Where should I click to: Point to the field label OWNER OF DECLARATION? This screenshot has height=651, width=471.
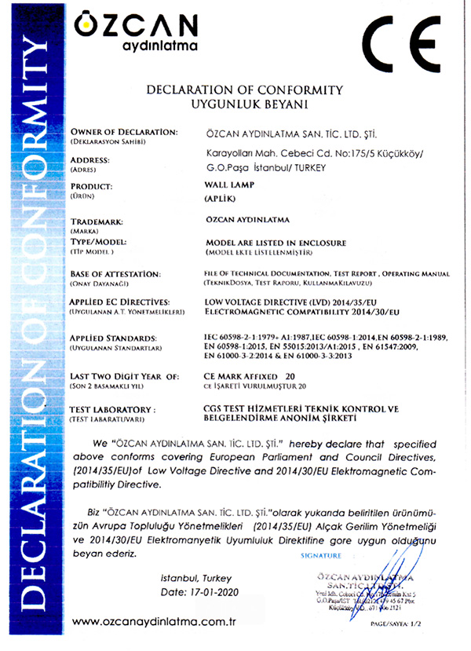tap(124, 130)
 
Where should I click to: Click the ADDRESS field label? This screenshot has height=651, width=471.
tap(89, 159)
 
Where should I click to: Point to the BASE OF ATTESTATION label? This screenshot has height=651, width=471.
tap(116, 272)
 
